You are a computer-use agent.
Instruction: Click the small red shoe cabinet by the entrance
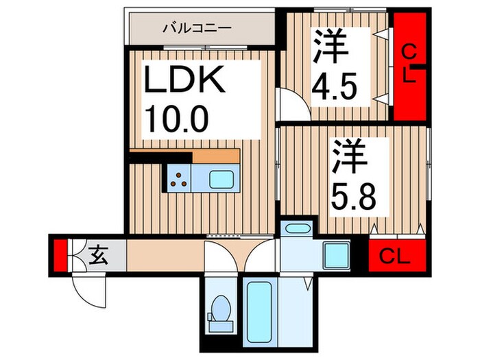tap(60, 254)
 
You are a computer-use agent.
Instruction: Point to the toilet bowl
tap(220, 307)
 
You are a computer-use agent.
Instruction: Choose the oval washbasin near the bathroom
tap(297, 229)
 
